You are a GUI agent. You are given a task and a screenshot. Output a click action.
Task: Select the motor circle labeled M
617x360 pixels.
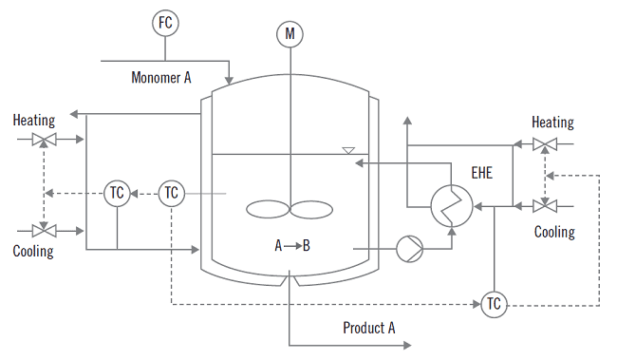point(289,35)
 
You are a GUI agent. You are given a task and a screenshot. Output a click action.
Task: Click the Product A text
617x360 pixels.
point(369,328)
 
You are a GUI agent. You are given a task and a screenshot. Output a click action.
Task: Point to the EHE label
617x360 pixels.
point(483,173)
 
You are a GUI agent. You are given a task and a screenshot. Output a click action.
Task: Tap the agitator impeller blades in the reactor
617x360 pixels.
point(289,209)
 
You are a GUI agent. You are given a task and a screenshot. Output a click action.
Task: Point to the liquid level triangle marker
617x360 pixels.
point(348,150)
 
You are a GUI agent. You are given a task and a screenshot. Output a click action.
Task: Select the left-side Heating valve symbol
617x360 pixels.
point(44,141)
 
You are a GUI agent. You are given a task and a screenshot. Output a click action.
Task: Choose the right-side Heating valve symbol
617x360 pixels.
point(545,144)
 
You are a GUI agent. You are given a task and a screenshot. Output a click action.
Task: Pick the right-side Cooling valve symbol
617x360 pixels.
point(545,205)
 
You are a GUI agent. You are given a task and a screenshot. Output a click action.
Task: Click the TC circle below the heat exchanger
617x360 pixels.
point(493,304)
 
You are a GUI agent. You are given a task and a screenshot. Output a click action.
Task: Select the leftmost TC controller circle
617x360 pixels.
point(116,193)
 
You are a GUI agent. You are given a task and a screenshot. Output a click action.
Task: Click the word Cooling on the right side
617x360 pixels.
point(554,232)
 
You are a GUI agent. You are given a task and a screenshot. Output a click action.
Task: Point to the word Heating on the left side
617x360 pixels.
point(34,121)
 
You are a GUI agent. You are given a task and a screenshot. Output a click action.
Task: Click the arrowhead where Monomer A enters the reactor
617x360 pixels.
point(229,79)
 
